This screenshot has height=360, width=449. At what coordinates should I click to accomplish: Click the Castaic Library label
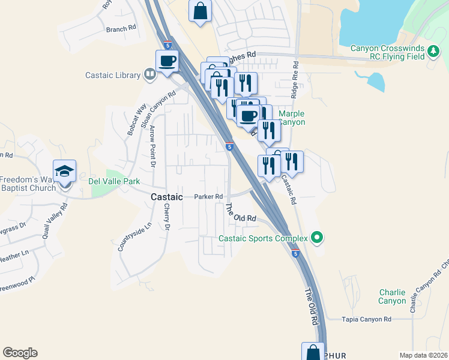coord(112,75)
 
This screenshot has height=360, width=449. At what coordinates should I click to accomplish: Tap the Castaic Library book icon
coord(150,74)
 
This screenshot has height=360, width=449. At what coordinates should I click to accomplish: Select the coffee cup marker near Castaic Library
coord(167,61)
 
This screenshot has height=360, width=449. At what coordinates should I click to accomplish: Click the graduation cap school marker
coord(64,172)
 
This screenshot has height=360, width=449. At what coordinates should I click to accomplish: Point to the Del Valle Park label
coord(114,181)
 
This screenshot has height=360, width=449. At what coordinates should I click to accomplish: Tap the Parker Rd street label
coord(209,196)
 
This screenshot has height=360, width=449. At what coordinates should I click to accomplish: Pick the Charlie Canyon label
coord(392,296)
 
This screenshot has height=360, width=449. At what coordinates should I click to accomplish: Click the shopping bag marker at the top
coord(200,10)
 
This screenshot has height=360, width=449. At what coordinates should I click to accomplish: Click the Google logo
coord(20,353)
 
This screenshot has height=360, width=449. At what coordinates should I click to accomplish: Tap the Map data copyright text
coord(423,355)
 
